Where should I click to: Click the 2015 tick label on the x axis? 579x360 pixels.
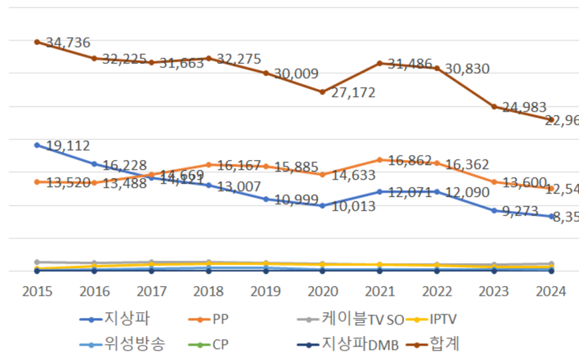point(36,291)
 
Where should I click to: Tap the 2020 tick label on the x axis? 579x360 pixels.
point(322,291)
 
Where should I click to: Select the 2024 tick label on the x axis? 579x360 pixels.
point(551,291)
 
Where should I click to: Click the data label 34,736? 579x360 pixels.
point(68,43)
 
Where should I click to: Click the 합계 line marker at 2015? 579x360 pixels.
point(37,41)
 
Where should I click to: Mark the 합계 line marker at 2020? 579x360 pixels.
point(322,92)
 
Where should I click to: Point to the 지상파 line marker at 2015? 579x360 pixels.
point(37,145)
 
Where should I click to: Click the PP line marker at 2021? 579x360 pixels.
point(379,159)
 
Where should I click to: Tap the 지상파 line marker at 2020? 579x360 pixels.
point(322,206)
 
